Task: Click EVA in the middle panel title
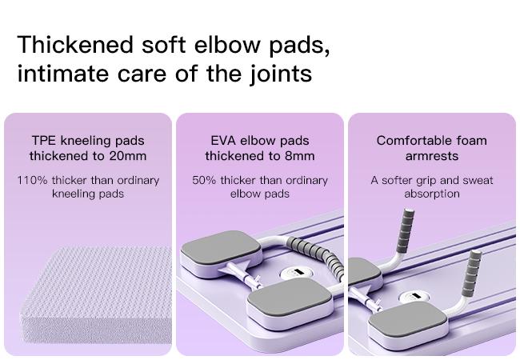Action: click(222, 141)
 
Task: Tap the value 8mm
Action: click(298, 156)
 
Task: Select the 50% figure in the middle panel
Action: click(205, 180)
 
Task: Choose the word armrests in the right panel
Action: click(432, 156)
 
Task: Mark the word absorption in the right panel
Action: click(432, 194)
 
